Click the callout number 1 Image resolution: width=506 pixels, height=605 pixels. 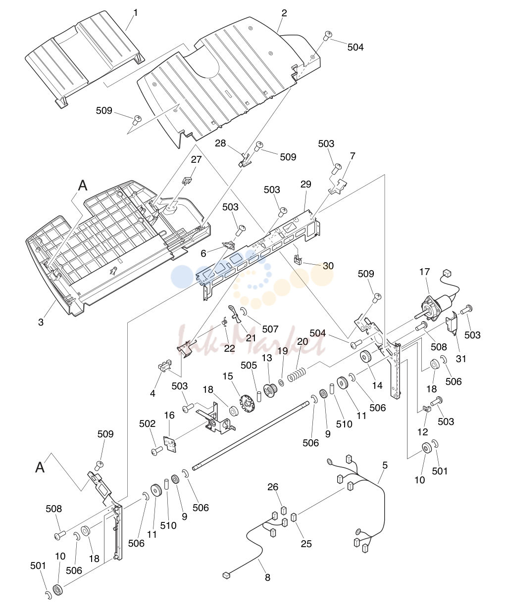point(136,12)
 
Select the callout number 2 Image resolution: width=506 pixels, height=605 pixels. point(284,13)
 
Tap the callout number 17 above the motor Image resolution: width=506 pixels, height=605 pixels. point(424,272)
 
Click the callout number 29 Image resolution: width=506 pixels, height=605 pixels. point(306,185)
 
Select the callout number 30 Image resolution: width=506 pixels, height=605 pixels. point(328,266)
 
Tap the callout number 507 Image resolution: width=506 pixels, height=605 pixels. point(270,329)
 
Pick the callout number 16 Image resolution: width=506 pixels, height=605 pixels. point(169,416)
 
